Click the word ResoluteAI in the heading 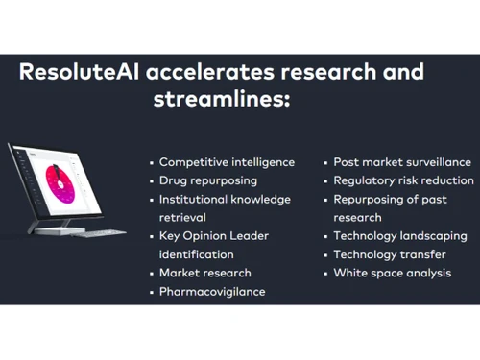[x=84, y=74]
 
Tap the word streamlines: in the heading [x=219, y=100]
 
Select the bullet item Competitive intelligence [x=227, y=162]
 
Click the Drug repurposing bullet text [x=208, y=180]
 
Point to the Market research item [x=205, y=273]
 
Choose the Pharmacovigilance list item [x=212, y=291]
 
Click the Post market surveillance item [x=402, y=162]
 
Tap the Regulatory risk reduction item [x=403, y=180]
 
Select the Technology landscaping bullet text [x=399, y=235]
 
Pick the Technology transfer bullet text [x=390, y=254]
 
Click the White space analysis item [x=392, y=273]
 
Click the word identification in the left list [x=196, y=254]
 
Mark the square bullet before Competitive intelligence [x=151, y=163]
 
